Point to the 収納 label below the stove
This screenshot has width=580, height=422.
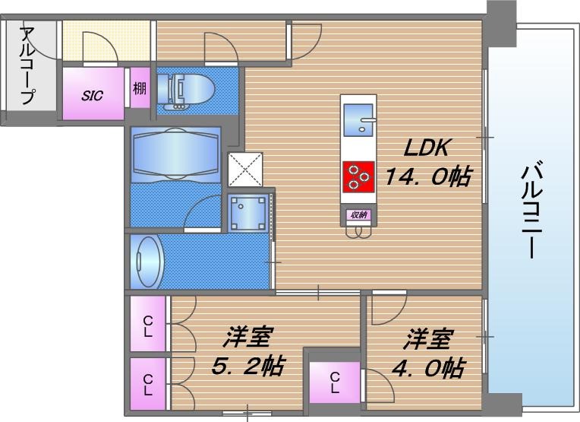[x=358, y=215]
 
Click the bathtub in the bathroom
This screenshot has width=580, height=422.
[x=175, y=153]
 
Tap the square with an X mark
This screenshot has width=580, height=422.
[x=245, y=169]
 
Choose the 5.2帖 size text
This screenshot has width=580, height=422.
[x=247, y=366]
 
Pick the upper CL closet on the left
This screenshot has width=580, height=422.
[x=148, y=325]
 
